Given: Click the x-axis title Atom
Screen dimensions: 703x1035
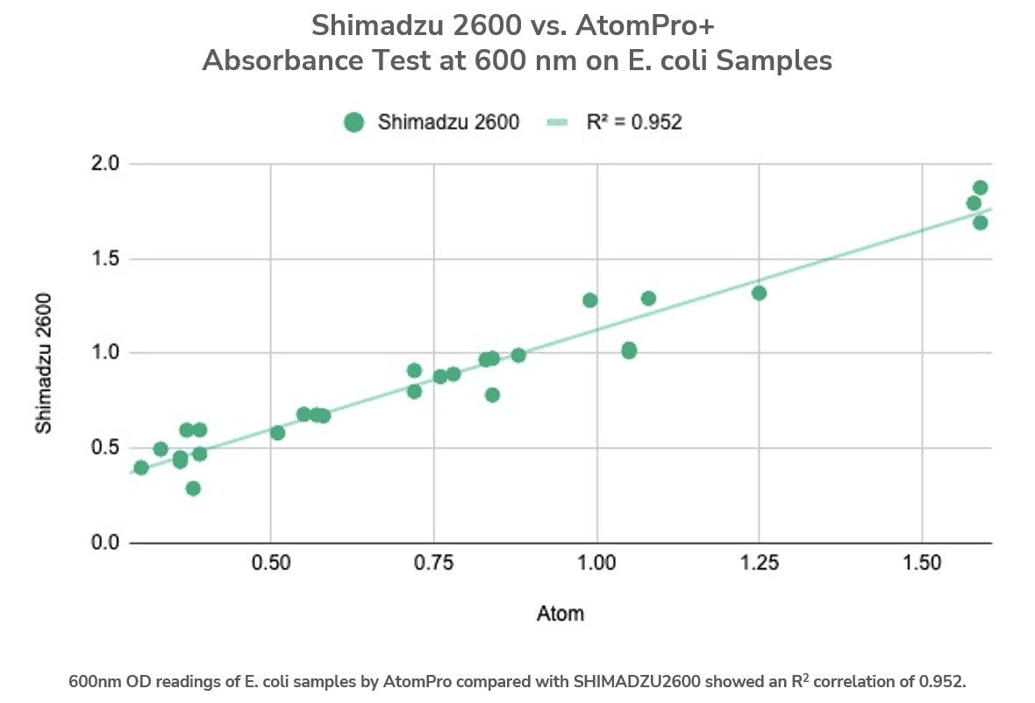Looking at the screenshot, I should point(560,614).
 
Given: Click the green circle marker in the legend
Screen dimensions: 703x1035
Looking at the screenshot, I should point(353,123).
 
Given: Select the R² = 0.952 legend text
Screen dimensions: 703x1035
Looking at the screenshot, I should point(633,123).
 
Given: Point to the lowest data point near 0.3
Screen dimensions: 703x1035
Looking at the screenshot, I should point(193,488).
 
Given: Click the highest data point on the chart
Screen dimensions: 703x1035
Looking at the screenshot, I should point(980,188).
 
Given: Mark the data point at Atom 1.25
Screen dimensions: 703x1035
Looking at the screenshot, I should point(759,293).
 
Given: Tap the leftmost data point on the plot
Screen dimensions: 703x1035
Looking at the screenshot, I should point(141,467).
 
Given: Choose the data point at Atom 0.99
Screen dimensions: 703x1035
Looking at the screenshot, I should point(589,301).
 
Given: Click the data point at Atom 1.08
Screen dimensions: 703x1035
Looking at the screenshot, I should point(648,298).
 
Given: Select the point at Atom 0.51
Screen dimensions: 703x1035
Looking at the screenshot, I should point(277,433).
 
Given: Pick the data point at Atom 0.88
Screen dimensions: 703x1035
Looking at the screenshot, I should point(518,355).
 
